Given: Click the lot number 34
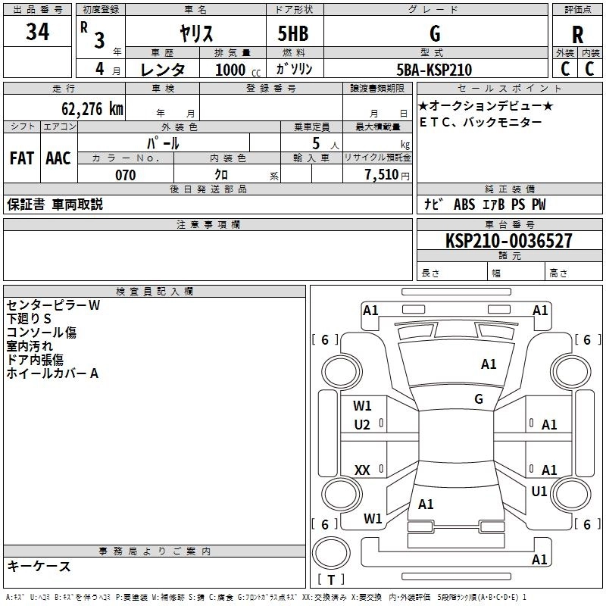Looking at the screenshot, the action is (38, 33).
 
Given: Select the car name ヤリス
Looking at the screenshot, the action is (195, 34).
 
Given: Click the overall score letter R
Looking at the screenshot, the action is (577, 35).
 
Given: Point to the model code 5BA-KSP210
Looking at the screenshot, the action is (434, 70).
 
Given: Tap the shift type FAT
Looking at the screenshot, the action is (21, 158).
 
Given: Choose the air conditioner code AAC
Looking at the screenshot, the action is (58, 158).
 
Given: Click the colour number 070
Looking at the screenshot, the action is (125, 175).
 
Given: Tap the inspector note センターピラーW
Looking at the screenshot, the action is (53, 305).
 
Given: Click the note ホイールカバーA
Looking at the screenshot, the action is (52, 373).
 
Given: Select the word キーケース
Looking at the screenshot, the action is (39, 566).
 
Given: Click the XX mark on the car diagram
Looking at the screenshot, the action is (362, 470).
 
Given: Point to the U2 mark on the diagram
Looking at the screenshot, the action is (362, 425).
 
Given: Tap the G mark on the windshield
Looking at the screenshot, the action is (479, 398).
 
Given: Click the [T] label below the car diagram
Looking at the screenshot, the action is (330, 580).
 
